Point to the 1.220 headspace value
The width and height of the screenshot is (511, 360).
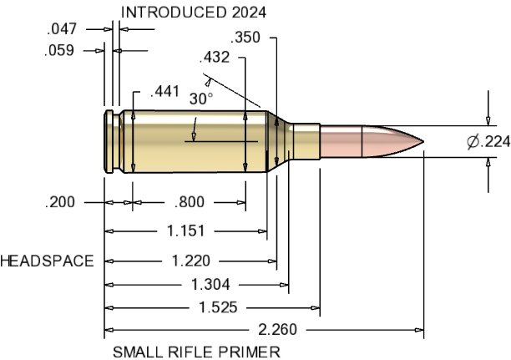pyautogui.click(x=191, y=261)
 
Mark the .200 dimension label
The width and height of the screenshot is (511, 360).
pyautogui.click(x=62, y=202)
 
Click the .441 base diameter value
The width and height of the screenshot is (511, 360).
pyautogui.click(x=164, y=93)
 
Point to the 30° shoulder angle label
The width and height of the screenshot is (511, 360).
pyautogui.click(x=200, y=99)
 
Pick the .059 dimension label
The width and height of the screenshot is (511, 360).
pyautogui.click(x=60, y=51)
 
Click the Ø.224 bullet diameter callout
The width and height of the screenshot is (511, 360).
pyautogui.click(x=488, y=142)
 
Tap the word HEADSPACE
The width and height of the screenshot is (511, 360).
pyautogui.click(x=47, y=261)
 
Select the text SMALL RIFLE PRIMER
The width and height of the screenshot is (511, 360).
pyautogui.click(x=197, y=352)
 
